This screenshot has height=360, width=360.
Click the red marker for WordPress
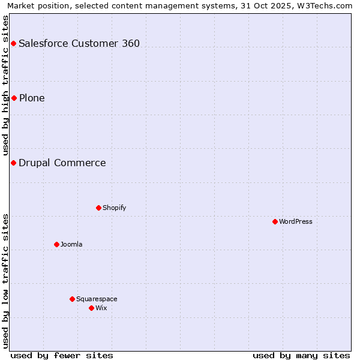click(275, 221)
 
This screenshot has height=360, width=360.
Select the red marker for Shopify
click(98, 208)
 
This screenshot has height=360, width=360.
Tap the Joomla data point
click(56, 244)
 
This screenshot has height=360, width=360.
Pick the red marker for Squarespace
click(72, 299)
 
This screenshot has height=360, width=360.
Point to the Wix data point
click(91, 308)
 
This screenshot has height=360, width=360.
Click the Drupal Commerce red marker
click(13, 163)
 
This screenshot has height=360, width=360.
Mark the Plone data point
click(14, 98)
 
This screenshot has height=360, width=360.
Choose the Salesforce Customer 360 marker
click(13, 43)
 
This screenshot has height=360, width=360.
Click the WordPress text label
click(296, 221)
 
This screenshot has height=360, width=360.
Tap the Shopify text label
click(114, 208)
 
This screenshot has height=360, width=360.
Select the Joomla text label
click(71, 244)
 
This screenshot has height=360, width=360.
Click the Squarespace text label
click(97, 299)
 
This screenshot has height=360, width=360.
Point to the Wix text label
click(101, 308)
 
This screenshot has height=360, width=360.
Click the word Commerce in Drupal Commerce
click(82, 163)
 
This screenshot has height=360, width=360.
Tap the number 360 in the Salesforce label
click(130, 43)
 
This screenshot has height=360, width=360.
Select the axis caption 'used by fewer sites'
click(62, 355)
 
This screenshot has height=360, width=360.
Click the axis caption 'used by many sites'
click(301, 355)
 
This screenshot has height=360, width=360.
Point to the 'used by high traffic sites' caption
click(5, 85)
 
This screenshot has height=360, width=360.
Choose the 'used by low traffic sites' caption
click(5, 280)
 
